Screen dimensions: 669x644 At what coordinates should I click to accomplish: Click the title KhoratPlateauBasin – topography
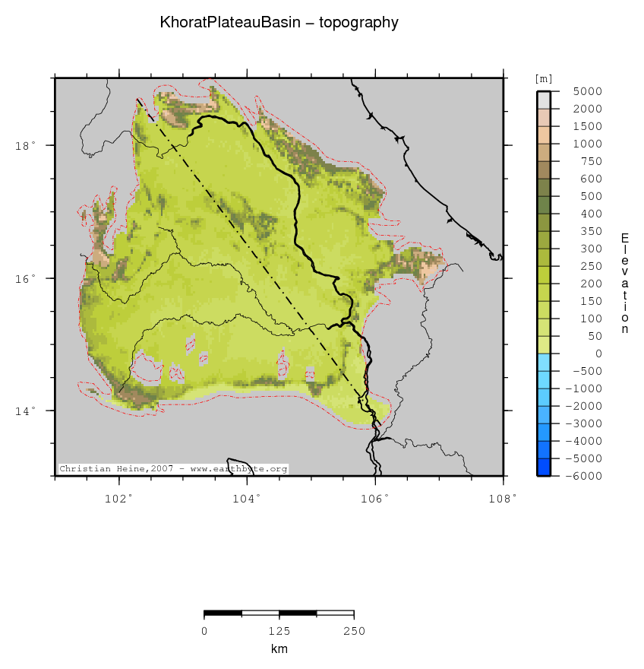(279, 23)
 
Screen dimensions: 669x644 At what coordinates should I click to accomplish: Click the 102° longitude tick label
(118, 499)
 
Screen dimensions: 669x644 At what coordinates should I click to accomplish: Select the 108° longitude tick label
(503, 499)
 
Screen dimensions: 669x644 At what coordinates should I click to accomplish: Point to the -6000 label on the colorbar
(586, 476)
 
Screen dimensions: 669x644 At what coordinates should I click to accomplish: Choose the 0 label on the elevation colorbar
(598, 354)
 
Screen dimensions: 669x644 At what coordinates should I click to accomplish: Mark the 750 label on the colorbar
(592, 161)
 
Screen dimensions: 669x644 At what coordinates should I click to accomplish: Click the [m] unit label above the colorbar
(544, 78)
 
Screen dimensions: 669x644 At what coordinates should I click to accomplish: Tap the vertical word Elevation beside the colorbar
(625, 284)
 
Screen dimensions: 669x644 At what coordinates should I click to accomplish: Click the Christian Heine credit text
(173, 469)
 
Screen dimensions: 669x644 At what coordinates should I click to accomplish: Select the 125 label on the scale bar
(279, 631)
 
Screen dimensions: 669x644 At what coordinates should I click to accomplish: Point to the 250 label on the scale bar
(354, 631)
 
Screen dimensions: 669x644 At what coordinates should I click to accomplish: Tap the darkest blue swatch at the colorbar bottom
(544, 467)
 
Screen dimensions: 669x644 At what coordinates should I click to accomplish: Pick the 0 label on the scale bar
(204, 631)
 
